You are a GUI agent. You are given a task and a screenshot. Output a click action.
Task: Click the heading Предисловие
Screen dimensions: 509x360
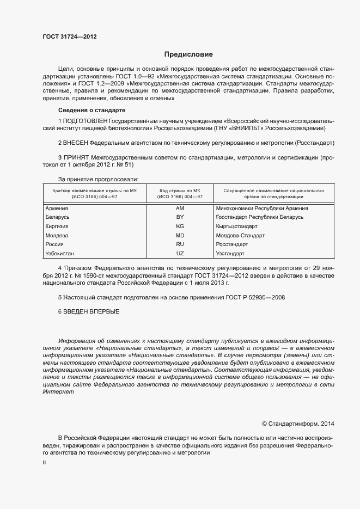click(x=189, y=54)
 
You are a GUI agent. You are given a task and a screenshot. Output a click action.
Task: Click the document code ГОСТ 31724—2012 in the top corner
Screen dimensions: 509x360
click(x=69, y=38)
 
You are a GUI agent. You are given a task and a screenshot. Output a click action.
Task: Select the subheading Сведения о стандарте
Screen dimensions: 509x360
click(x=88, y=110)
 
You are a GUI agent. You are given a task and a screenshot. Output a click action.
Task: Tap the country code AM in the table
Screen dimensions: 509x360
click(x=180, y=208)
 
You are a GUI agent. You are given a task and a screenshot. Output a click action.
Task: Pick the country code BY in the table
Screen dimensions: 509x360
click(x=180, y=217)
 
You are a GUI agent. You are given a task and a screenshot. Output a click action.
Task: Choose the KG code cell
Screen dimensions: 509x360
click(x=180, y=226)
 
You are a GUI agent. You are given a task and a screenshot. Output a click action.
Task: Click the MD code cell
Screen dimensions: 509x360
click(x=180, y=236)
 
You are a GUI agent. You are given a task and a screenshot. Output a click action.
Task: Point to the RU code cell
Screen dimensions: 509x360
click(x=180, y=244)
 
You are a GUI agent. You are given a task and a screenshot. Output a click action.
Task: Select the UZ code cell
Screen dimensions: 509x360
click(x=180, y=254)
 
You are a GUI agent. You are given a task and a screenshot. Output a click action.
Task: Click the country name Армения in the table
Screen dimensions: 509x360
click(x=56, y=208)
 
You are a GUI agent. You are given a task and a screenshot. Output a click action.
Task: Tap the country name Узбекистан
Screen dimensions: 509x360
click(x=60, y=254)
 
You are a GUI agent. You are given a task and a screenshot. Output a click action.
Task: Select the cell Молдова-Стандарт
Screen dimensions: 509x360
click(x=240, y=236)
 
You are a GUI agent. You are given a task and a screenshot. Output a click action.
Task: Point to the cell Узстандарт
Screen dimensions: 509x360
click(x=230, y=254)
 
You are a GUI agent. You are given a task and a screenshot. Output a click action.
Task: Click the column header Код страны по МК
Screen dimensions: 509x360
click(x=180, y=191)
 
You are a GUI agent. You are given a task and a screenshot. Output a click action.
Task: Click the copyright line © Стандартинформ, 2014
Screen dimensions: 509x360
click(x=298, y=424)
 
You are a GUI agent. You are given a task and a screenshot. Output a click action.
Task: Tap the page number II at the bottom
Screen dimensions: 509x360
click(x=44, y=462)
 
